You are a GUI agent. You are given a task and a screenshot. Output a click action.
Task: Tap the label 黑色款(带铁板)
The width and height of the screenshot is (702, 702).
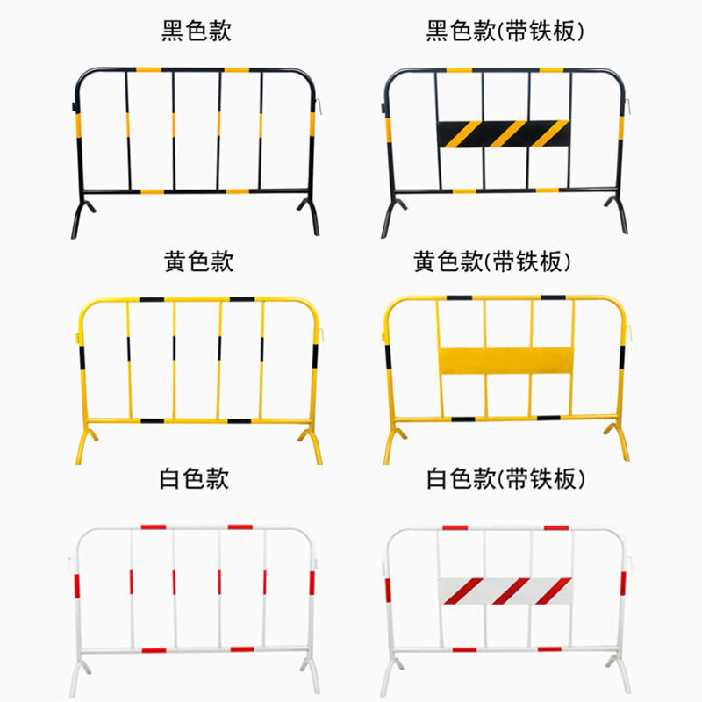click(x=504, y=32)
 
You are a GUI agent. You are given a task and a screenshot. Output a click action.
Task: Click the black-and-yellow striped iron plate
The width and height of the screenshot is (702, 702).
click(x=503, y=133)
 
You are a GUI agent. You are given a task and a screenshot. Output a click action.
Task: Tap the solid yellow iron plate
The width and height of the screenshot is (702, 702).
click(x=505, y=361)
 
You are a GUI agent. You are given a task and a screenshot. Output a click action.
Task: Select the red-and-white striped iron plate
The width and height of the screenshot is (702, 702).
click(x=504, y=591)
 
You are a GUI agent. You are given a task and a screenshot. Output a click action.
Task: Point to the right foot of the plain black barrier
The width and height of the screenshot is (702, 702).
click(x=312, y=218)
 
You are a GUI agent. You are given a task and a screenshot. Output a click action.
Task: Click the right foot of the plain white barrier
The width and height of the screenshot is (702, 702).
click(x=312, y=676)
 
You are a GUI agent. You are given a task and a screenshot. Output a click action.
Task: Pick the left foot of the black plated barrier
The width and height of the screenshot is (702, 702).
click(x=390, y=218)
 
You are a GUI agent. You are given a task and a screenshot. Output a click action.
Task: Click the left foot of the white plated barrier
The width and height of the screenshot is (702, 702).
click(x=390, y=676)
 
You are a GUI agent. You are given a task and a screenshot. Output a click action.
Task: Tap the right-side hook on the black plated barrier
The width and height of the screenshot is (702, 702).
click(x=628, y=104)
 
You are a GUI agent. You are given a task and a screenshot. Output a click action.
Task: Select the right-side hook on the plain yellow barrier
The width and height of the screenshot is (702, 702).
click(x=322, y=334)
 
